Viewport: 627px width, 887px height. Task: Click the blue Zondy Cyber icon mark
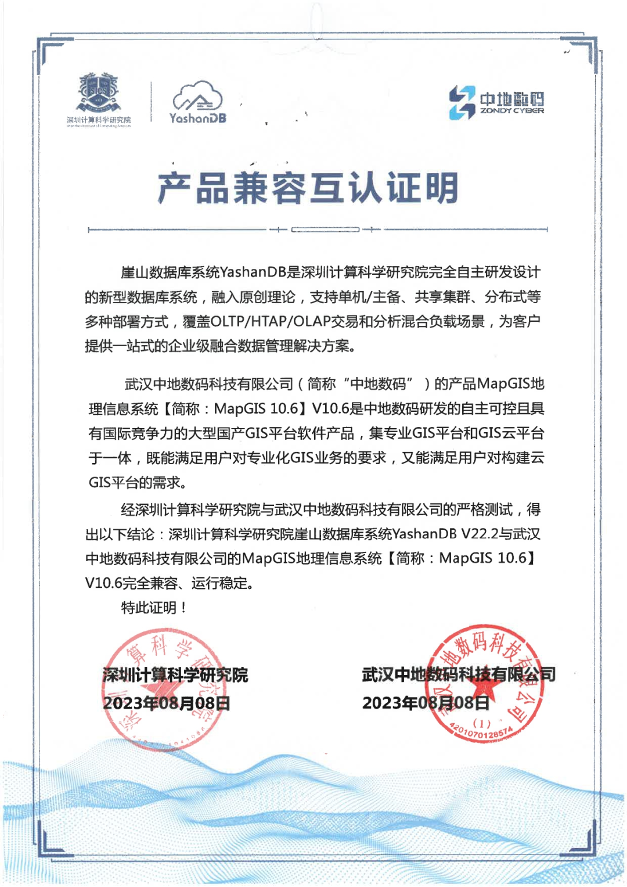(x=462, y=103)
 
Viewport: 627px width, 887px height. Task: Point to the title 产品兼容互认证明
(x=308, y=188)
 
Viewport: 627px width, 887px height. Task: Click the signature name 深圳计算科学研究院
(x=175, y=674)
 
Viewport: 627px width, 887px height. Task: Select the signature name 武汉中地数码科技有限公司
(x=459, y=674)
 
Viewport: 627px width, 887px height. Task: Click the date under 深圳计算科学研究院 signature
(x=167, y=703)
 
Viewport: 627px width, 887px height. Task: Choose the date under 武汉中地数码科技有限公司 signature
(x=426, y=703)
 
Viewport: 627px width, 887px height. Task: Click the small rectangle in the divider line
(x=325, y=230)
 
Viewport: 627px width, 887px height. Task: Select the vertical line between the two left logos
(x=151, y=101)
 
